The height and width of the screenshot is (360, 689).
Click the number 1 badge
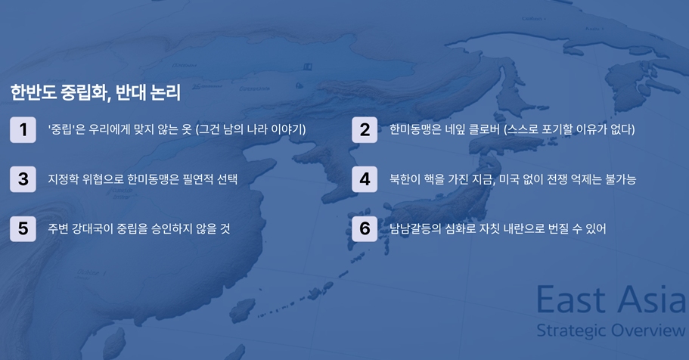pyautogui.click(x=23, y=129)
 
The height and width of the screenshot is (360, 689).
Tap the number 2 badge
pyautogui.click(x=365, y=129)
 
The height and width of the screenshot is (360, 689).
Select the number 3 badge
pyautogui.click(x=23, y=179)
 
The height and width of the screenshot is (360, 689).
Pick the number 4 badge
pyautogui.click(x=365, y=179)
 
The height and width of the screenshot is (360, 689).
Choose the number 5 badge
pyautogui.click(x=23, y=228)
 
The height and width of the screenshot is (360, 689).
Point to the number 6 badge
pyautogui.click(x=365, y=228)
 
